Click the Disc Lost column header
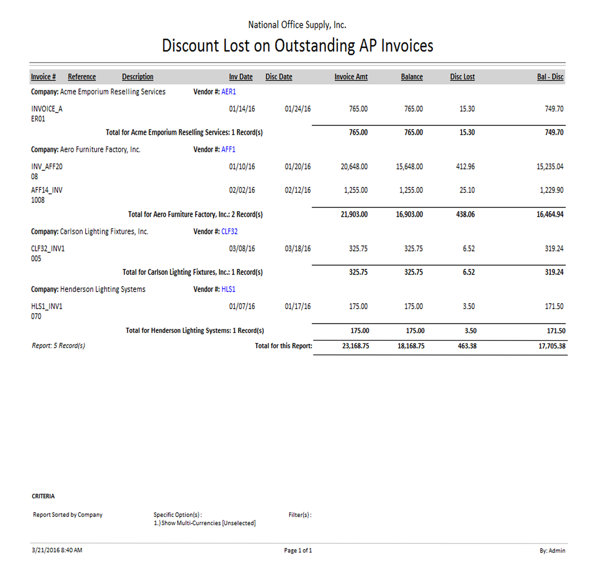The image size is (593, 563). click(x=462, y=77)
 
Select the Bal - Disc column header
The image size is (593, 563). click(x=550, y=77)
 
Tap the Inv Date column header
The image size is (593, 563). click(x=240, y=77)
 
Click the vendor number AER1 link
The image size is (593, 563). click(x=229, y=92)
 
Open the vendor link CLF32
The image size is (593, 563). click(x=229, y=231)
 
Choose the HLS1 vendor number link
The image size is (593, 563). click(x=228, y=289)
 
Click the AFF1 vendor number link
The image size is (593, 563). click(x=228, y=149)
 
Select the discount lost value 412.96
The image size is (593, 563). click(x=465, y=167)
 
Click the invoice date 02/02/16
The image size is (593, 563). click(x=242, y=190)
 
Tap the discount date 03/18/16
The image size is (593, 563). click(x=298, y=248)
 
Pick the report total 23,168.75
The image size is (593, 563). click(x=355, y=346)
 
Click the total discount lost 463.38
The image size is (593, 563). click(x=467, y=346)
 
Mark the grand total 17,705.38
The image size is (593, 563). click(x=552, y=346)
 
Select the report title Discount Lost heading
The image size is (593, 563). click(x=297, y=46)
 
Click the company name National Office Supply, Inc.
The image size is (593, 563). click(x=297, y=25)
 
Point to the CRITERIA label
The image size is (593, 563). click(x=43, y=496)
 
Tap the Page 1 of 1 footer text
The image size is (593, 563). click(x=298, y=550)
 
